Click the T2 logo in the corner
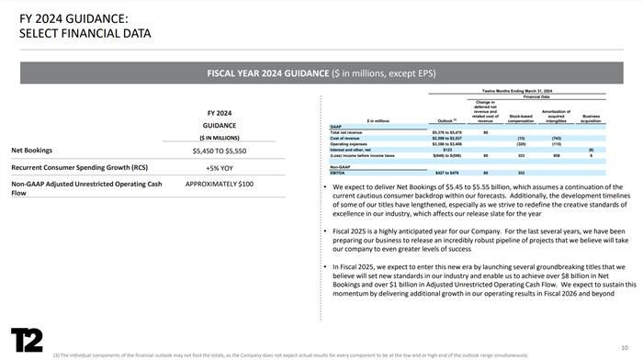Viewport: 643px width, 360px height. (x=28, y=339)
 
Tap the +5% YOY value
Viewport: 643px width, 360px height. (x=220, y=168)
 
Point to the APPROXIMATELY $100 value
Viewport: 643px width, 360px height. (x=220, y=184)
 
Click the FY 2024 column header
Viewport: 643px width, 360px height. (x=220, y=112)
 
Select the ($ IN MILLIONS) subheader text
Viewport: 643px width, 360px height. (x=220, y=137)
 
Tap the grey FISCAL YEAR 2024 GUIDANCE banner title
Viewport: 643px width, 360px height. (x=321, y=72)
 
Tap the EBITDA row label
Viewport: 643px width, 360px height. (x=339, y=173)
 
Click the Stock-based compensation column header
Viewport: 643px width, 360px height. (x=522, y=118)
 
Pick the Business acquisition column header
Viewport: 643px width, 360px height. (x=591, y=118)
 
